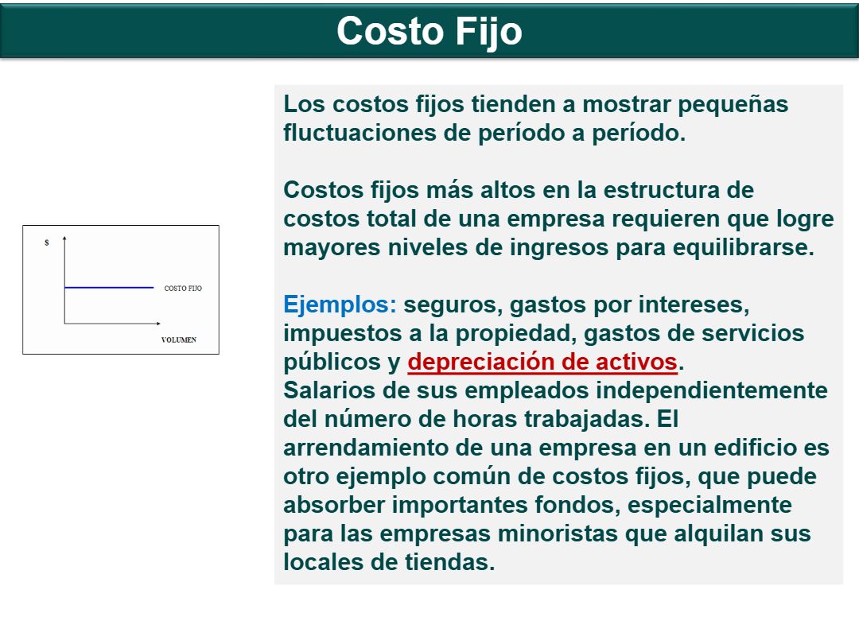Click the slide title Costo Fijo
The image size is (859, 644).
click(429, 31)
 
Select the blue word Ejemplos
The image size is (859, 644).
click(340, 305)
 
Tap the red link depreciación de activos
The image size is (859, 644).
click(542, 362)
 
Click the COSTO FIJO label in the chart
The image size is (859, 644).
click(183, 288)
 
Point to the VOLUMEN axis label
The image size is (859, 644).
click(179, 339)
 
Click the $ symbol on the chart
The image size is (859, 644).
click(47, 242)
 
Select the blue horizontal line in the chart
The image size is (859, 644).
click(109, 288)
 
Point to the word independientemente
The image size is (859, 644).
click(712, 391)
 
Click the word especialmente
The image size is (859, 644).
click(709, 506)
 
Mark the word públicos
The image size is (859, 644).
click(325, 363)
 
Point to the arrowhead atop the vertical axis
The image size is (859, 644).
click(64, 239)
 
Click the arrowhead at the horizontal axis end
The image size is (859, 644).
click(158, 324)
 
